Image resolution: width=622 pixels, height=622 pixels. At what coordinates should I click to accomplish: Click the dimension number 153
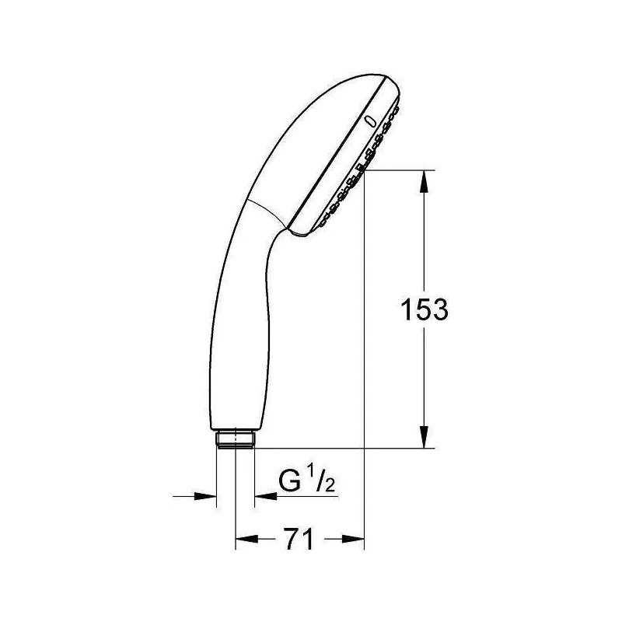point(423,309)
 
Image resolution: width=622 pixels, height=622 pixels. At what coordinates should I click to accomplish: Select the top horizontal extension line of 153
point(397,169)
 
